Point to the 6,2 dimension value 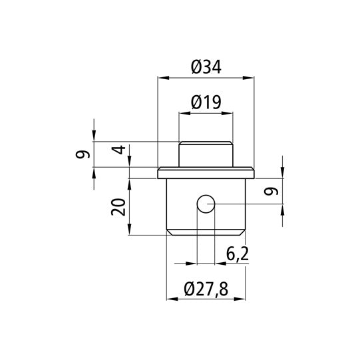click(x=238, y=254)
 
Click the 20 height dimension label click(x=118, y=208)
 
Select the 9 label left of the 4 click(x=83, y=154)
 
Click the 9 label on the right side click(x=270, y=192)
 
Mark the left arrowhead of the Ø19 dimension click(x=182, y=114)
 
